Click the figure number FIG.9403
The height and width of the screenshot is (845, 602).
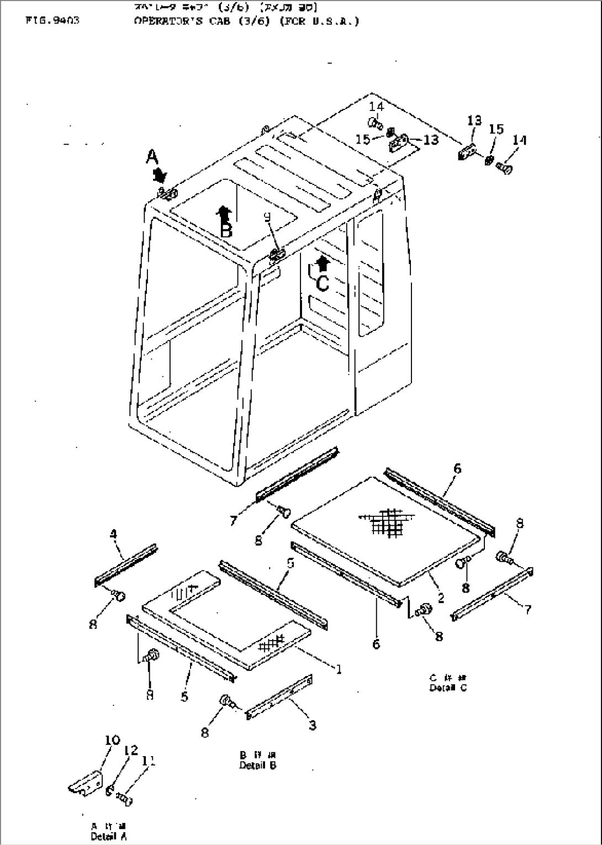[x=52, y=22]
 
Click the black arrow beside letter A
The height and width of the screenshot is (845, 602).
[x=160, y=176]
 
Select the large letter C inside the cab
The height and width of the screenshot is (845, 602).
[x=323, y=283]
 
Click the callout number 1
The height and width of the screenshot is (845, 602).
[x=339, y=669]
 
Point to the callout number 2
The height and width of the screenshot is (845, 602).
[x=441, y=598]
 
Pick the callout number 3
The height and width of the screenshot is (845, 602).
[x=312, y=725]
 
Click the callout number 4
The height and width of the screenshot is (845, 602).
[x=113, y=534]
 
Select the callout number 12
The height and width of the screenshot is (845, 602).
[x=131, y=750]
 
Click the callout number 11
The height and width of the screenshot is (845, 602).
[x=148, y=761]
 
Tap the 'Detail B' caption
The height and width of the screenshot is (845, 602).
[x=257, y=765]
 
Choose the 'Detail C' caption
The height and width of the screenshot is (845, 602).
[x=447, y=688]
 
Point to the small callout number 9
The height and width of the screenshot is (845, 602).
[x=267, y=218]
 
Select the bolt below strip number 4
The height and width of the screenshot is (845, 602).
[x=118, y=595]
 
